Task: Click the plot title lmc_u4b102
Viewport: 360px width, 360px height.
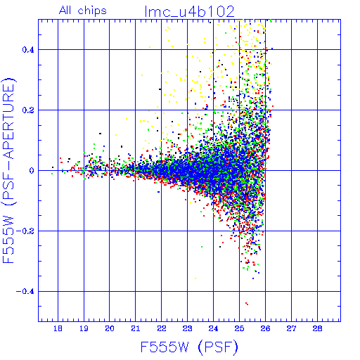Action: click(190, 12)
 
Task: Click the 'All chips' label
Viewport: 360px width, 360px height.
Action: click(83, 11)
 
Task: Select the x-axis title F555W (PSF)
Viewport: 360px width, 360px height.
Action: click(189, 347)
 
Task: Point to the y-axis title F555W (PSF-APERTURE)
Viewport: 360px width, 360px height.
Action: click(9, 170)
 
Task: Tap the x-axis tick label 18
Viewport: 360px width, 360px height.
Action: click(58, 328)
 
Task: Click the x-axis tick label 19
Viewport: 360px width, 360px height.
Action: click(84, 328)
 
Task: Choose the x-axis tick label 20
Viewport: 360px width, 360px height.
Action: click(110, 328)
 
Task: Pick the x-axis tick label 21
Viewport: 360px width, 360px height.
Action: click(136, 328)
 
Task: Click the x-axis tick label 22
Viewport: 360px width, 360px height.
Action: click(162, 328)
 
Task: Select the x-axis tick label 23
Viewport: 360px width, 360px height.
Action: click(187, 328)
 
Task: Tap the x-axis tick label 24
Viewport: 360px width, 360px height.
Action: click(213, 328)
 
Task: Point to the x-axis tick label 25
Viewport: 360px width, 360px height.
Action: click(239, 328)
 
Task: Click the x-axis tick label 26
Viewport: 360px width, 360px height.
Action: click(265, 328)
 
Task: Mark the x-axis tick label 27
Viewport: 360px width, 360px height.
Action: click(291, 328)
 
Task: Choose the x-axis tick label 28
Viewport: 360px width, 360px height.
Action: click(317, 328)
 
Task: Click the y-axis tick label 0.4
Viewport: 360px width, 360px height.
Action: click(28, 50)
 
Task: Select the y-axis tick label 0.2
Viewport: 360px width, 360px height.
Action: click(28, 110)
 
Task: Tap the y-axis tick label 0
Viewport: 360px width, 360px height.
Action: click(32, 171)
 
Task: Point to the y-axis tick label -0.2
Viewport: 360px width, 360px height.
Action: click(25, 231)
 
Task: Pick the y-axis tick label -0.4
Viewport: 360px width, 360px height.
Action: click(25, 292)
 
